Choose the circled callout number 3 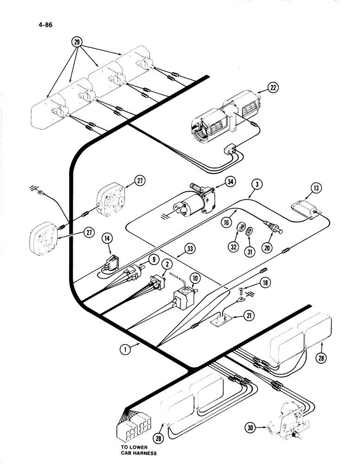coord(257,184)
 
